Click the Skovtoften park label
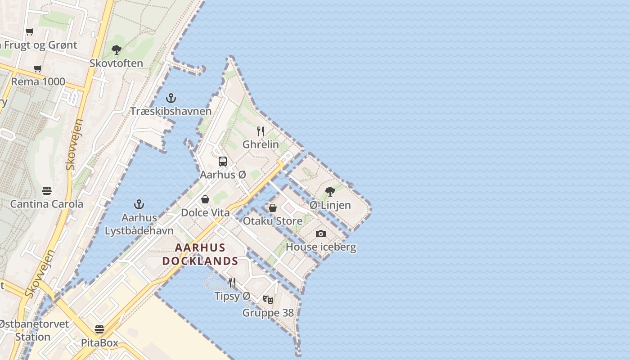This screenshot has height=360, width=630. [x=116, y=63]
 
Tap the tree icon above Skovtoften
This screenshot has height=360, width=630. [x=117, y=49]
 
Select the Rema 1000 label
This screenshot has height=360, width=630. [x=38, y=82]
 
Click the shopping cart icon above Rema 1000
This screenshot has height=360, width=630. [x=38, y=69]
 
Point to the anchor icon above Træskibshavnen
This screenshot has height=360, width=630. [x=171, y=98]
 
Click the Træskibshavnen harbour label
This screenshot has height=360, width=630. [x=171, y=111]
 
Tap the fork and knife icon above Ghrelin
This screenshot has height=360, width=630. [x=261, y=131]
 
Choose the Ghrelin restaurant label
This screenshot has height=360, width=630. [x=261, y=145]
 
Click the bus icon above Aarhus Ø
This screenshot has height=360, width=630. [x=223, y=162]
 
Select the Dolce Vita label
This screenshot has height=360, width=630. [x=205, y=213]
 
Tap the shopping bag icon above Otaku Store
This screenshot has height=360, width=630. [x=273, y=208]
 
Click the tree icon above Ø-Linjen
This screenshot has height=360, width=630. [x=330, y=192]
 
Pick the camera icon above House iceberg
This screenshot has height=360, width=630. [x=321, y=234]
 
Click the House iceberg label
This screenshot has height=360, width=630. [x=321, y=247]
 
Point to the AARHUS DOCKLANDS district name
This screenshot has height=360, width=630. [x=200, y=254]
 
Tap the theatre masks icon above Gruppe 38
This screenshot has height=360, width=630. [x=268, y=300]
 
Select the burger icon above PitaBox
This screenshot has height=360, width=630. [x=99, y=329]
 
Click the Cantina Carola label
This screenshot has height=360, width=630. [x=47, y=204]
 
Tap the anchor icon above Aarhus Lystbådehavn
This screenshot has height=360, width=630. [x=139, y=204]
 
